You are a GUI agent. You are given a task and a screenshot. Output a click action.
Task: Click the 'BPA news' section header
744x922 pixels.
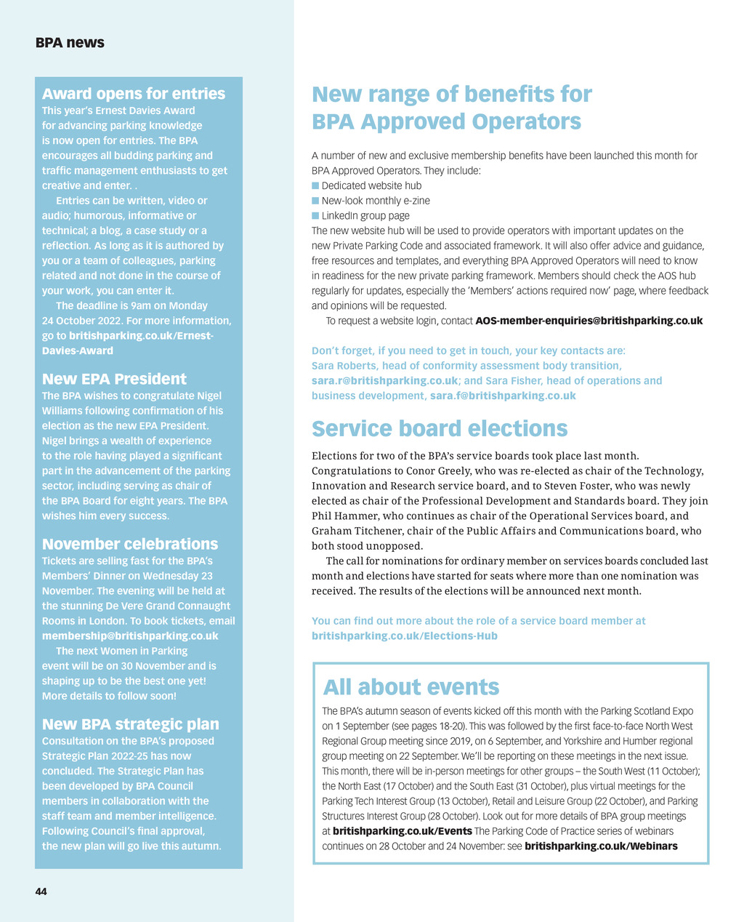point(70,43)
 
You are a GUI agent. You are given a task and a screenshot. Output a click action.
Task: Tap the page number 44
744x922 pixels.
point(41,891)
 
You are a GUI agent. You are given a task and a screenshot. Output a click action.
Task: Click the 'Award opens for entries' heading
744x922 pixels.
point(134,94)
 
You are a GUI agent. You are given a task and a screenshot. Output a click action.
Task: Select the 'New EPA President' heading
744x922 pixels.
point(114,379)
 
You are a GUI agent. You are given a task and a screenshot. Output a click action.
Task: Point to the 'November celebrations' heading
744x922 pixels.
point(130,544)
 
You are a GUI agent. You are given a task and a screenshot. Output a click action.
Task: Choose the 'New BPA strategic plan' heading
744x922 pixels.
point(130,724)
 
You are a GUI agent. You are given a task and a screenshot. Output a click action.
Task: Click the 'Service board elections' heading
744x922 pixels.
point(440,429)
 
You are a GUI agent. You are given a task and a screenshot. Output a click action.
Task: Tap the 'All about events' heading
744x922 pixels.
point(411,687)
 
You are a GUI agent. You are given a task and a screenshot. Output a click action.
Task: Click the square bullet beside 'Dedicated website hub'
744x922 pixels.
point(315,185)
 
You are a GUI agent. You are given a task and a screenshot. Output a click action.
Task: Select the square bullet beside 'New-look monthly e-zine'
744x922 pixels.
point(315,201)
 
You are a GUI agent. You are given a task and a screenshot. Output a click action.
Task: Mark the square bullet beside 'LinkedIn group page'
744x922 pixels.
point(315,216)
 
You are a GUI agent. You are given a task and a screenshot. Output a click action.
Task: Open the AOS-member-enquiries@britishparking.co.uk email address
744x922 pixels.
point(589,321)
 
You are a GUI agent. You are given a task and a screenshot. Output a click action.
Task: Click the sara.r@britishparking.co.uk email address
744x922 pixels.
point(384,381)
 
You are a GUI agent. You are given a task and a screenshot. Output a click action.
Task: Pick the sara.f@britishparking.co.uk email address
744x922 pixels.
point(503,396)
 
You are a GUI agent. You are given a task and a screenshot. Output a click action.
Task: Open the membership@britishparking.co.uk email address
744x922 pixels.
point(130,636)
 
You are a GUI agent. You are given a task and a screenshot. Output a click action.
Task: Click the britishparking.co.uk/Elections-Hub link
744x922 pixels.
point(405,636)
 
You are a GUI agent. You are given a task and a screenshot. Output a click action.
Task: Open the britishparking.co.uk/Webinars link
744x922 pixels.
point(601,846)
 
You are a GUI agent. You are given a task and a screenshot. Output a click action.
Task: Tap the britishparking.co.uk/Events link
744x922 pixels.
point(403,831)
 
